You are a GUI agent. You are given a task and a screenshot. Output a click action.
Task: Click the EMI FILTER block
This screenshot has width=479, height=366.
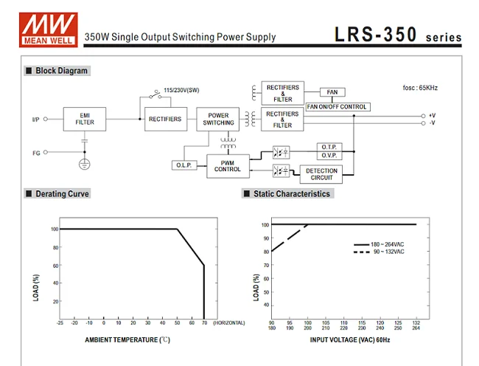pos(84,118)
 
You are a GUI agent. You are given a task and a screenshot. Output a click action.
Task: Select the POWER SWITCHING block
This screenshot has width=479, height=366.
pos(218,119)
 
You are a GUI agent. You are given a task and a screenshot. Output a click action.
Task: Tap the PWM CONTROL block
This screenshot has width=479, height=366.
pos(228,165)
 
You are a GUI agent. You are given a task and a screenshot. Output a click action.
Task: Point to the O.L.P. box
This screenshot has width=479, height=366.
pos(184,165)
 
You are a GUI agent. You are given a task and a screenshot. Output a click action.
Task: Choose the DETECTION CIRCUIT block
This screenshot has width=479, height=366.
pos(322,174)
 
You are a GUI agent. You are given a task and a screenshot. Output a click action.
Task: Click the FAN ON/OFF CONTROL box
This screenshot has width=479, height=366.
pos(336,107)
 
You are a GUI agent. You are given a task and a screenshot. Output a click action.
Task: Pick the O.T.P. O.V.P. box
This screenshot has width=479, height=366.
pos(328,151)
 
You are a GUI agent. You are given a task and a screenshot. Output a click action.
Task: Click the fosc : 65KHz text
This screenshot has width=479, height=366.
pos(421,89)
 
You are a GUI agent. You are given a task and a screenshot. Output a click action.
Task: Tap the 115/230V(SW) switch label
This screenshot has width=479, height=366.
pos(181,90)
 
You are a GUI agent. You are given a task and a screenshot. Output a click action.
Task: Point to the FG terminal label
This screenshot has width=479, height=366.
pos(35,153)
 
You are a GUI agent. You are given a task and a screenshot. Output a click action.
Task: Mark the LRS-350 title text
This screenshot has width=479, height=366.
pos(376,35)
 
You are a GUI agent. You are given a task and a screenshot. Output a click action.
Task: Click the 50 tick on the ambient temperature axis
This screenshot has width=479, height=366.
pos(177,322)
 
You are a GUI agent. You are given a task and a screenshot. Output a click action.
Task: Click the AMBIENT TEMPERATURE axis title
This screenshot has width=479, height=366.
pos(127,339)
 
